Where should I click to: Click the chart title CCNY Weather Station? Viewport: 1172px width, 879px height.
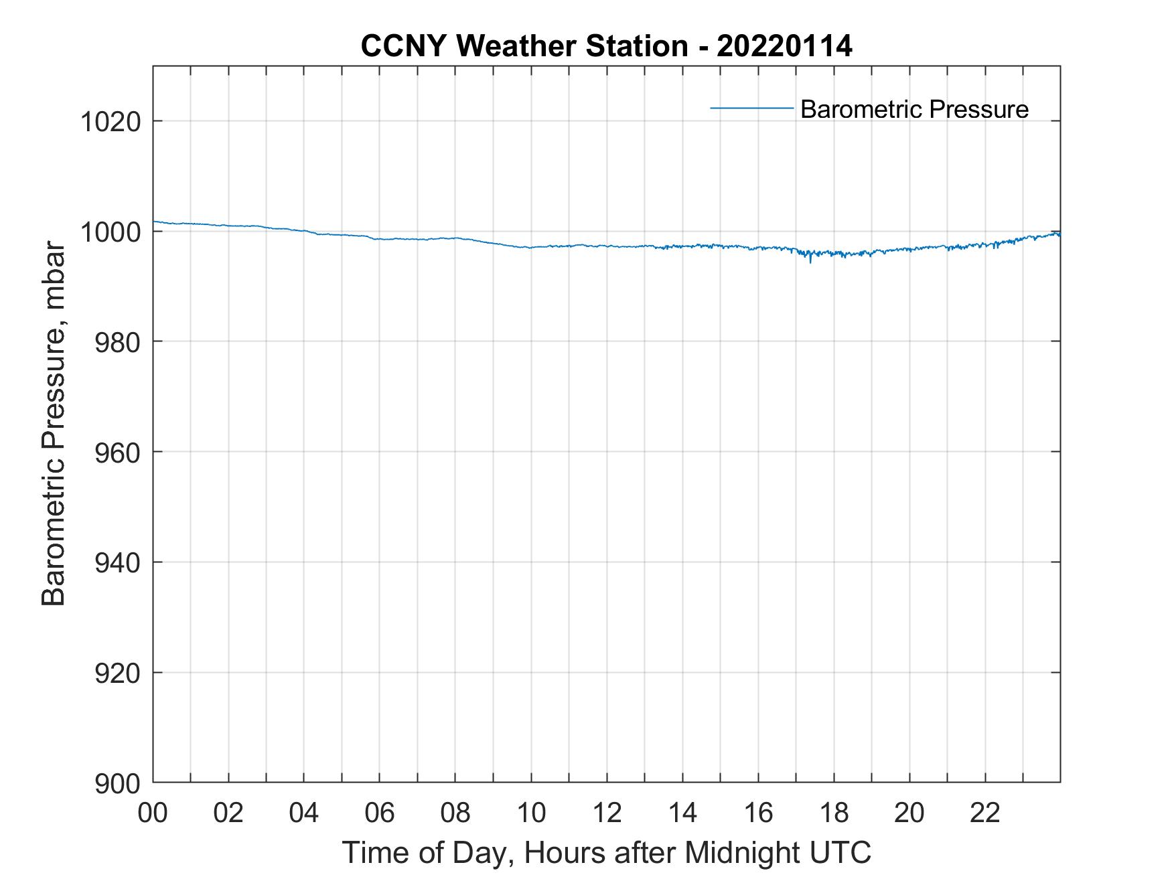524,46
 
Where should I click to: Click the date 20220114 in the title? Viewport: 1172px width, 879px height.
784,46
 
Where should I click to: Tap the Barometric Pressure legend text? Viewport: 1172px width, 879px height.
914,109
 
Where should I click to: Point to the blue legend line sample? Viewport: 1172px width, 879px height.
751,108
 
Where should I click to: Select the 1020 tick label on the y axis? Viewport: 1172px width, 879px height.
110,122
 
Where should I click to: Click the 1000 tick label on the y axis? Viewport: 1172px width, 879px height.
110,232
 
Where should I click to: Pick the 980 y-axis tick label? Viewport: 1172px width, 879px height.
117,342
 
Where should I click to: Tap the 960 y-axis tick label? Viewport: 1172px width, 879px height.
117,453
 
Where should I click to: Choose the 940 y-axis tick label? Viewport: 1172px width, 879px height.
117,563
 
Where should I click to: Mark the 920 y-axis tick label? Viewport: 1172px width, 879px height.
117,673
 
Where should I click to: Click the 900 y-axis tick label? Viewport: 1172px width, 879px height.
117,783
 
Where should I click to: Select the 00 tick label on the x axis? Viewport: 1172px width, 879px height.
153,813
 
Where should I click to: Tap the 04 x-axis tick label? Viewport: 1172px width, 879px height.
305,813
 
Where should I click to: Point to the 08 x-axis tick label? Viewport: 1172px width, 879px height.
456,813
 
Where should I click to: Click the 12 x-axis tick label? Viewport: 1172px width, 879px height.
607,813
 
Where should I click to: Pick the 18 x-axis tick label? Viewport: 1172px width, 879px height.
834,813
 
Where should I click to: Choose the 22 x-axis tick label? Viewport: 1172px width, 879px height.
986,813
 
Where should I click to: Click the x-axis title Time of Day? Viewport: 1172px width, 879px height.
607,852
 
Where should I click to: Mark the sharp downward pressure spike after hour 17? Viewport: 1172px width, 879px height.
810,261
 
